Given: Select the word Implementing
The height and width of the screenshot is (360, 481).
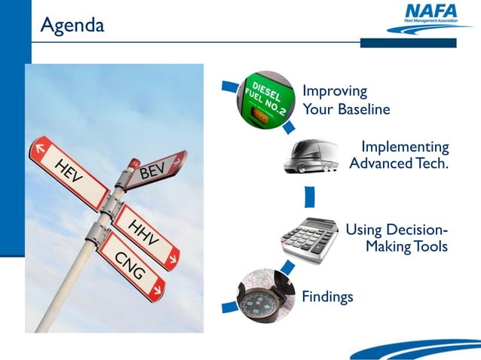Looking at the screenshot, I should pos(405,147).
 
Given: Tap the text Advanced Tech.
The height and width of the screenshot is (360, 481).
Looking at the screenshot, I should pos(399,164).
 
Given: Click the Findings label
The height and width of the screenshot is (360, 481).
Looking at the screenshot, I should pos(327,297).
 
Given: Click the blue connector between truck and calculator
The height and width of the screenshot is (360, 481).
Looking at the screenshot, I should pos(309,197).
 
